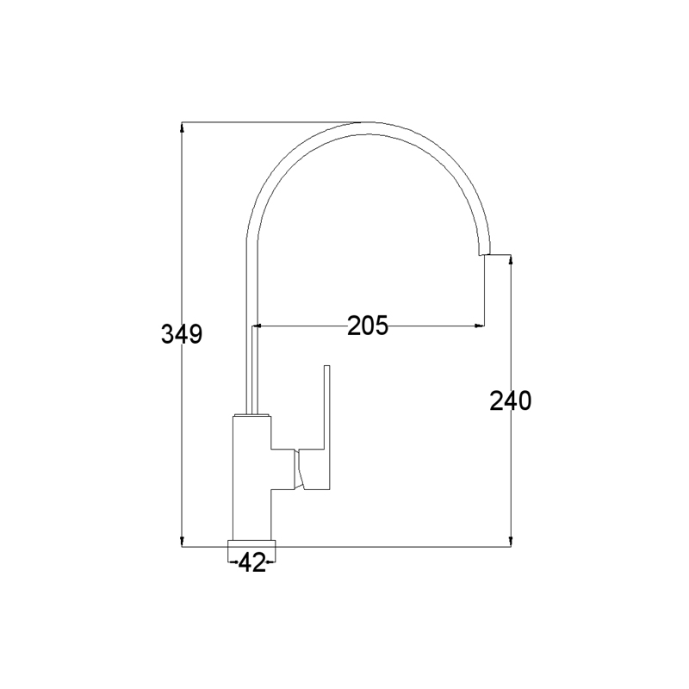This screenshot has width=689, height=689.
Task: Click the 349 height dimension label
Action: (x=182, y=334)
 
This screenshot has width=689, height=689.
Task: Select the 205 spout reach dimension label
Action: (x=368, y=326)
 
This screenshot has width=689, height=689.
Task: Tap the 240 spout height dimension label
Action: (x=511, y=400)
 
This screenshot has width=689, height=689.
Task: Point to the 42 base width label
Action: (x=251, y=562)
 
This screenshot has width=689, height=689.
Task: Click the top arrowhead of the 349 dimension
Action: (x=182, y=127)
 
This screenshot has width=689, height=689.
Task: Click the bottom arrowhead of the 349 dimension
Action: (x=182, y=542)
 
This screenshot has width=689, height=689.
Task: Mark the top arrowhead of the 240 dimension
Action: (x=511, y=260)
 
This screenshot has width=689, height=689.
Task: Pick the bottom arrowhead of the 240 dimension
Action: (x=511, y=542)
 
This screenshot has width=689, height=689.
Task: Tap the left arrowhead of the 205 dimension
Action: (x=257, y=326)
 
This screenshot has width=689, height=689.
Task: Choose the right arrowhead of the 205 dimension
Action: (x=479, y=326)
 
